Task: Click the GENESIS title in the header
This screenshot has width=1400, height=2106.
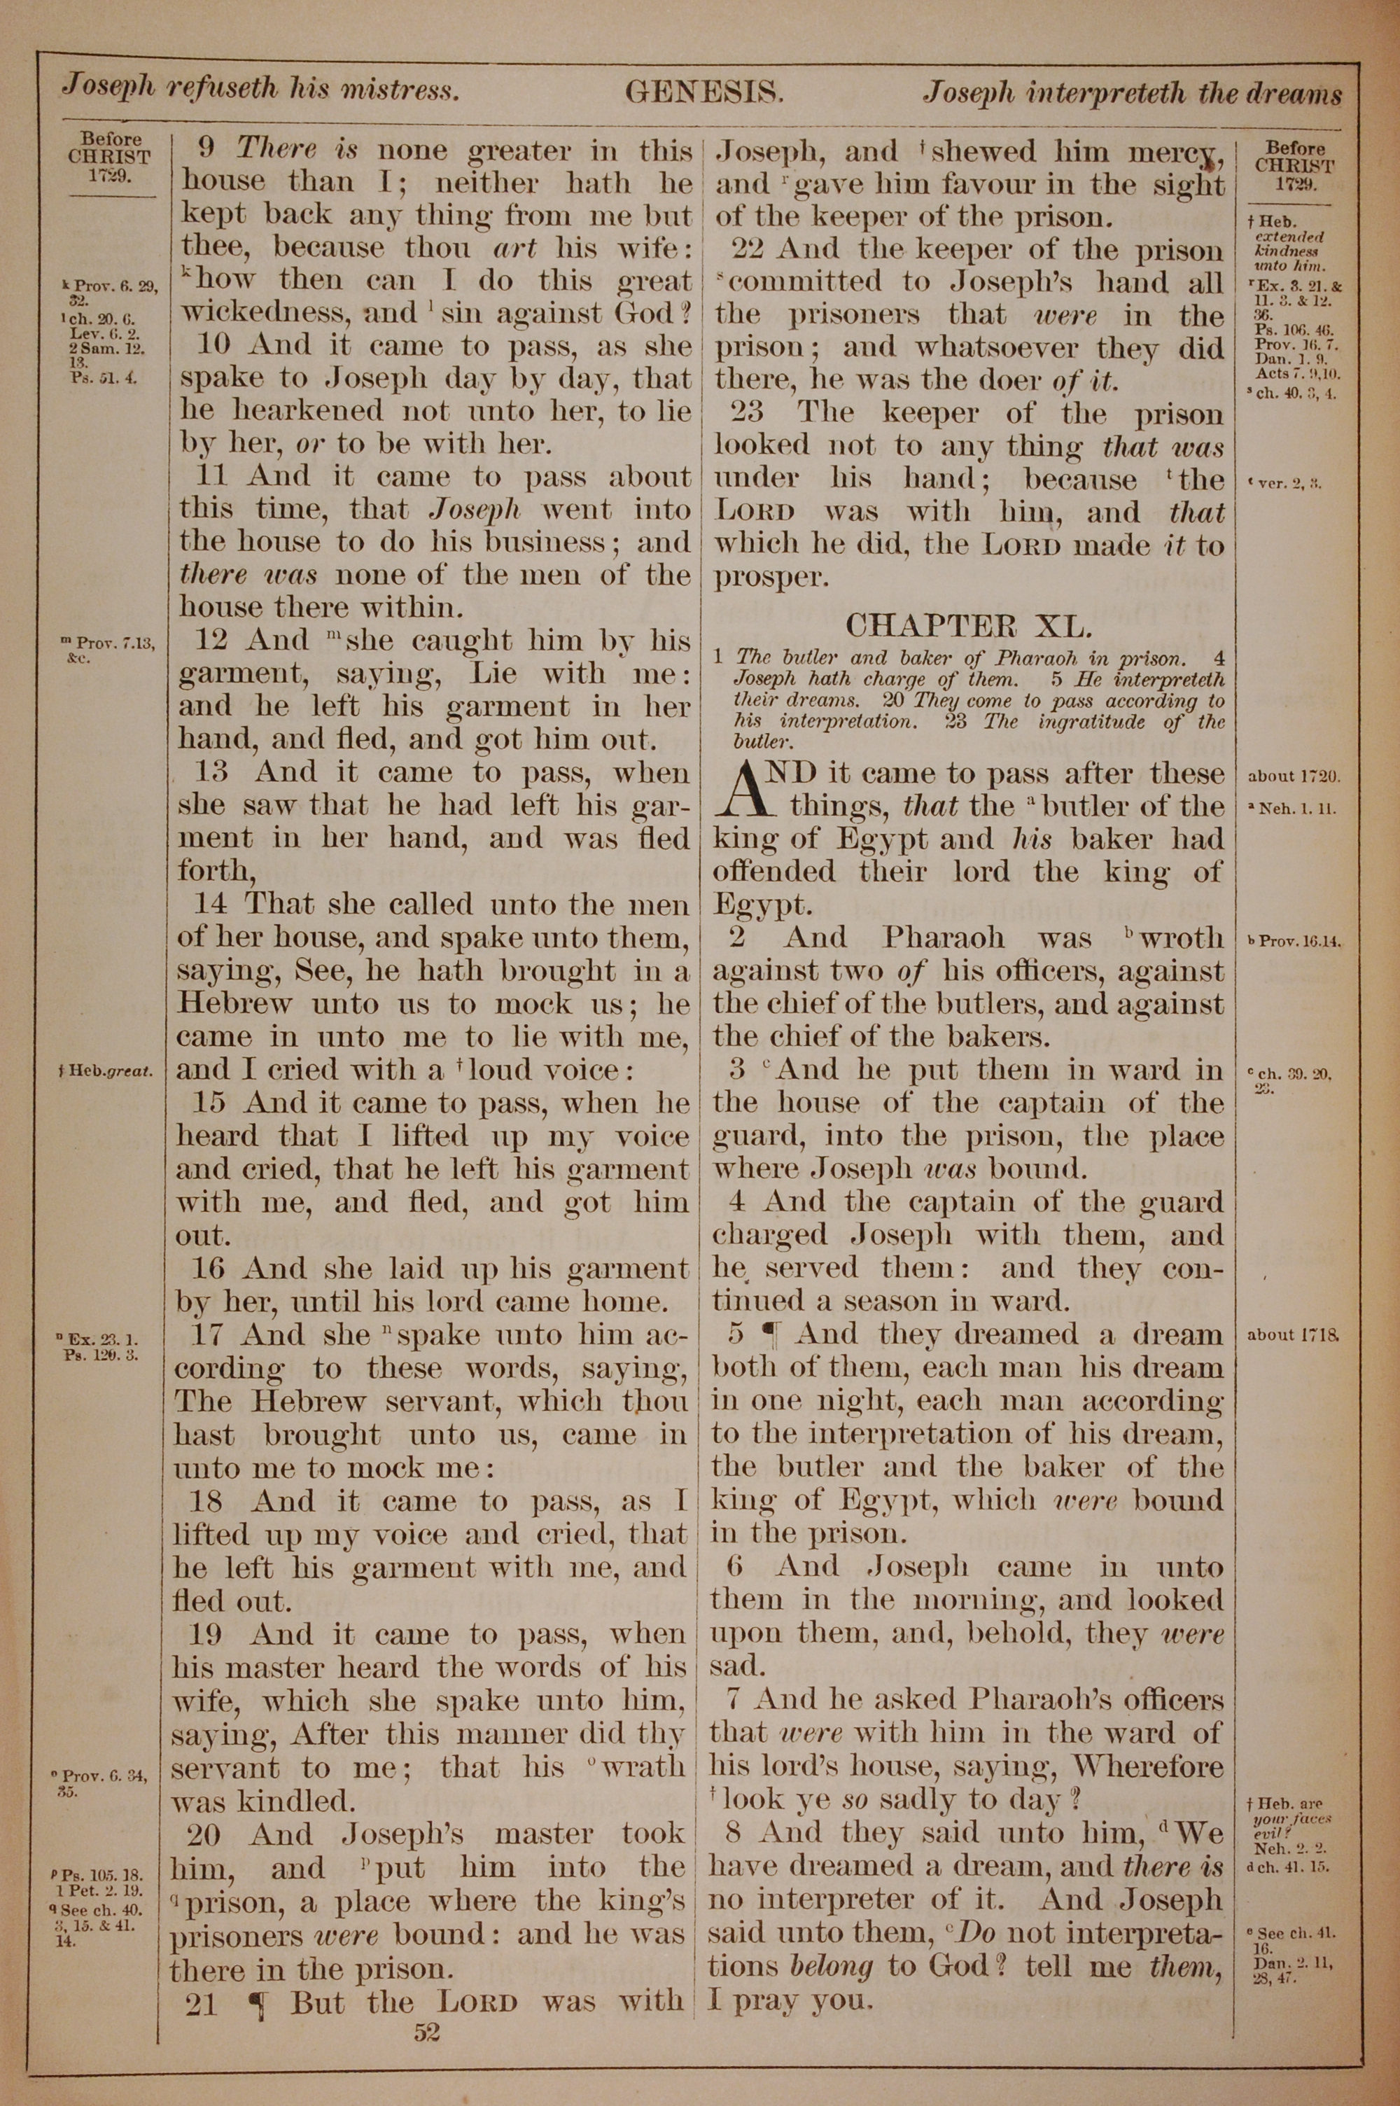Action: click(704, 91)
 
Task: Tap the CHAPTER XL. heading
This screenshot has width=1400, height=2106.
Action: click(967, 626)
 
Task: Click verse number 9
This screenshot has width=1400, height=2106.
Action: click(204, 149)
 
